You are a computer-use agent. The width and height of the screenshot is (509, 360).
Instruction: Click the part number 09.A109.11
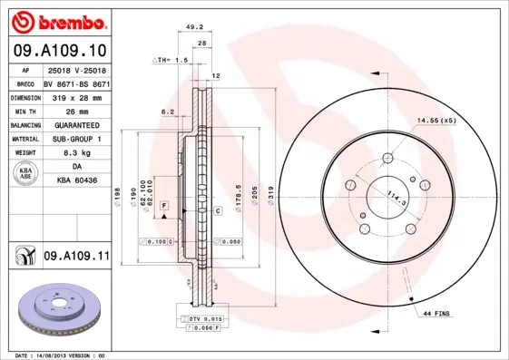coord(76,257)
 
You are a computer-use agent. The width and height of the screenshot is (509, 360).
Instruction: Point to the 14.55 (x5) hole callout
coord(435,120)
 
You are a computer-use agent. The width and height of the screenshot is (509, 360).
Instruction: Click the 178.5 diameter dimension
coord(238,199)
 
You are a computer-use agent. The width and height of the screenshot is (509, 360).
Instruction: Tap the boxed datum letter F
coord(164,208)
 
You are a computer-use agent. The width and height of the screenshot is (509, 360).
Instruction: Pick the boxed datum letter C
coord(219,210)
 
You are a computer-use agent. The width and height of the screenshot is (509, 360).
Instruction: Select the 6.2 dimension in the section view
coord(167,112)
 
